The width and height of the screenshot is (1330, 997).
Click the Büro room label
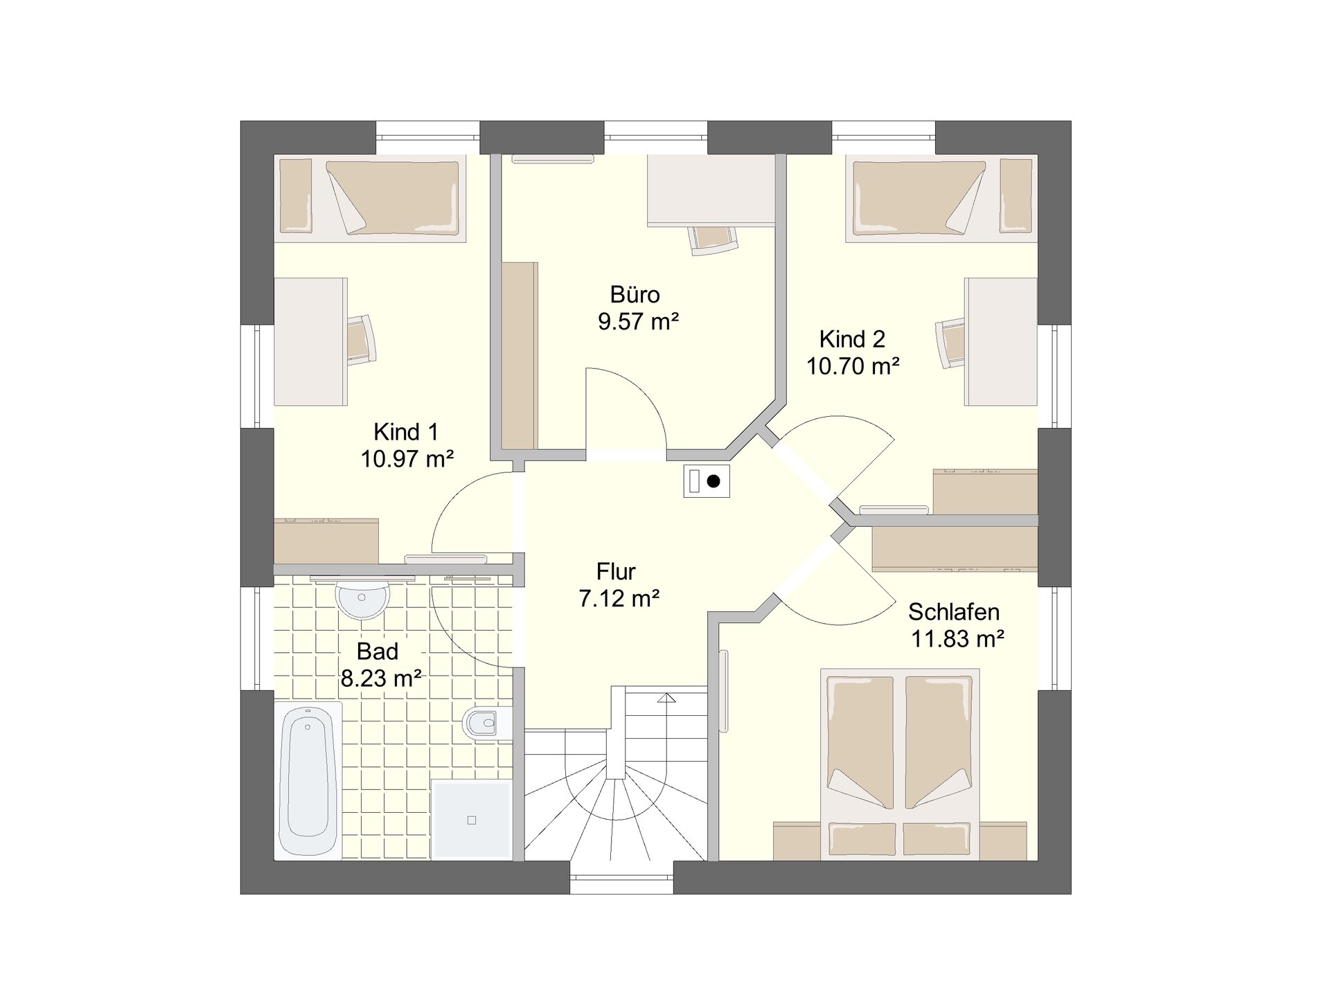click(635, 294)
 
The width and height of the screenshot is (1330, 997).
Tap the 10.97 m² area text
click(407, 458)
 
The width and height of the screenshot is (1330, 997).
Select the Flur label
click(616, 571)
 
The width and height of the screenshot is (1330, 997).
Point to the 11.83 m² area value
click(957, 638)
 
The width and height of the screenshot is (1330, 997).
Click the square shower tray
click(472, 820)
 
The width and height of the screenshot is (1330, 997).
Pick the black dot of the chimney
click(713, 480)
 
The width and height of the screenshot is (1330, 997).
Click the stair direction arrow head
click(666, 697)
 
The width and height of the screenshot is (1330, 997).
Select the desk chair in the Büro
click(713, 240)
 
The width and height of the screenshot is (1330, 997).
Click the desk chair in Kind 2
click(950, 343)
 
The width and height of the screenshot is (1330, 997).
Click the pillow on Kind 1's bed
click(296, 197)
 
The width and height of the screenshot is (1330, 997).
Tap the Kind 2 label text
click(852, 339)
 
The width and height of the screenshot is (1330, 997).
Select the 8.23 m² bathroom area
click(381, 678)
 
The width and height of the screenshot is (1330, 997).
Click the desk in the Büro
click(711, 190)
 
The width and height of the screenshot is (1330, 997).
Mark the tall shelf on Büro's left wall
click(520, 355)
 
